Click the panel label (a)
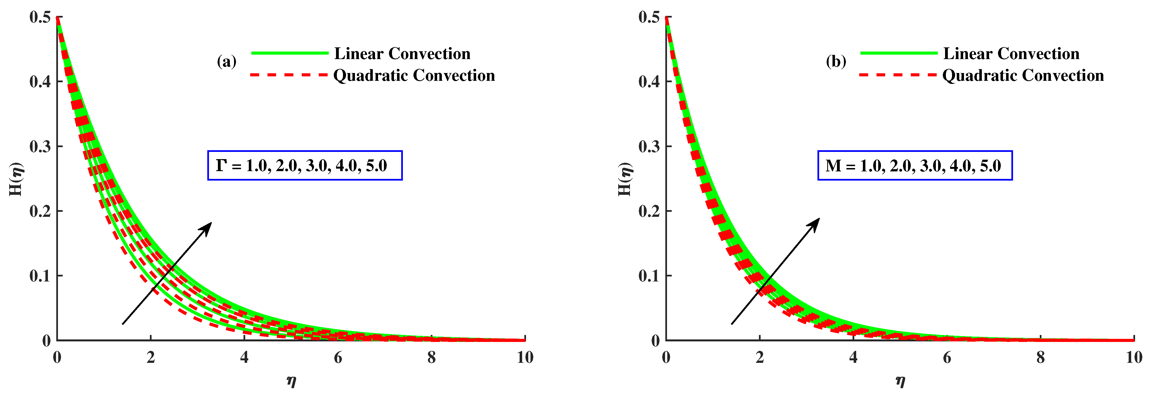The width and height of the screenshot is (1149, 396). (x=227, y=62)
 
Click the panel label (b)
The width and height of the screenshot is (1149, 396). (x=836, y=62)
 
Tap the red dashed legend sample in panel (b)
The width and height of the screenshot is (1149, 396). (x=897, y=75)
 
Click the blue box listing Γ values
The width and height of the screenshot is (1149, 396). (x=305, y=166)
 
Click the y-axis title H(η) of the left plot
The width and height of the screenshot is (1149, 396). (x=16, y=179)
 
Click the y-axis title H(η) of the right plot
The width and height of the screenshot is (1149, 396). (x=625, y=179)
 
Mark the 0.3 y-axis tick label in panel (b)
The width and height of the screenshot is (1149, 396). (x=649, y=146)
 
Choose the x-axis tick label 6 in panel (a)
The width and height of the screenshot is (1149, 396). (x=338, y=358)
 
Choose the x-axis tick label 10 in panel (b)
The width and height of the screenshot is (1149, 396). (x=1133, y=358)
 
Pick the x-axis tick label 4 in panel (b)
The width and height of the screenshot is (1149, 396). (x=853, y=358)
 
